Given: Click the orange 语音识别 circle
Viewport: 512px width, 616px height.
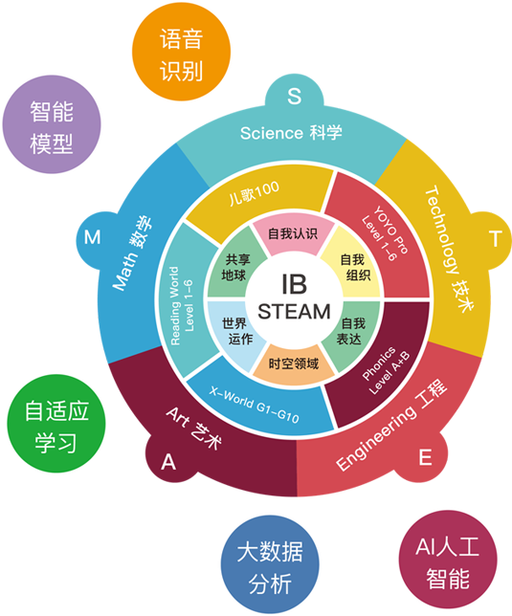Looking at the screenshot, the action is (181, 52).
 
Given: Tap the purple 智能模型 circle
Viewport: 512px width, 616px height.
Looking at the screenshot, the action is (52, 124).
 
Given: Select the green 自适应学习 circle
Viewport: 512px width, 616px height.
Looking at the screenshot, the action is (56, 423).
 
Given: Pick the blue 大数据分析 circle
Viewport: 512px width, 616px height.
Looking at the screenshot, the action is (270, 564).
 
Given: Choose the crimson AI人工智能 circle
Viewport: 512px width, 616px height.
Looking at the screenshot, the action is (448, 560).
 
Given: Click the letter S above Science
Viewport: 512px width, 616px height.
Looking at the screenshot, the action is (295, 97).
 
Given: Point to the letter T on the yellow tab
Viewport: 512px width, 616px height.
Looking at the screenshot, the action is (496, 238).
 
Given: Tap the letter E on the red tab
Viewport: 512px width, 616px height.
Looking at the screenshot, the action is (425, 457).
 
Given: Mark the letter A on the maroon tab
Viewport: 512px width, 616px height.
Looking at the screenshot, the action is (168, 462).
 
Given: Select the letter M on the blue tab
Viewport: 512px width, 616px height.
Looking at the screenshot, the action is (92, 237).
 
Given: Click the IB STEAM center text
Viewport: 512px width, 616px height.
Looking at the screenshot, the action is (294, 297).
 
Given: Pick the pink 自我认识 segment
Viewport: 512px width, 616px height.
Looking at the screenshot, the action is (293, 233).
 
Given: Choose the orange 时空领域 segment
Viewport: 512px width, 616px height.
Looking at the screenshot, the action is (294, 363).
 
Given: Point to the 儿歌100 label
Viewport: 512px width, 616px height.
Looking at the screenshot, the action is (255, 193).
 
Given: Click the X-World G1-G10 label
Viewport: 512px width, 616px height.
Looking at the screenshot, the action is (254, 405).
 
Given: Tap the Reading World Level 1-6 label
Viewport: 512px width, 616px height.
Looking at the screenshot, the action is (182, 306).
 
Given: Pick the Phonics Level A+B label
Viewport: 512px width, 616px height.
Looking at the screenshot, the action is (385, 371).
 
